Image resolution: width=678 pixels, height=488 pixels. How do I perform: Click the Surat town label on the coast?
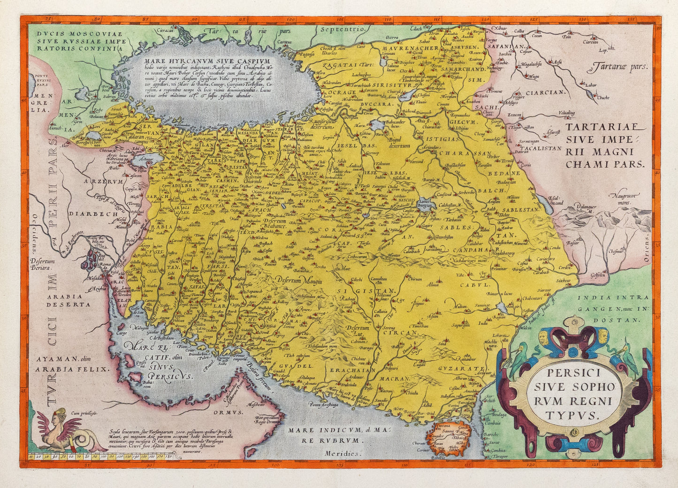pos(500,442)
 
